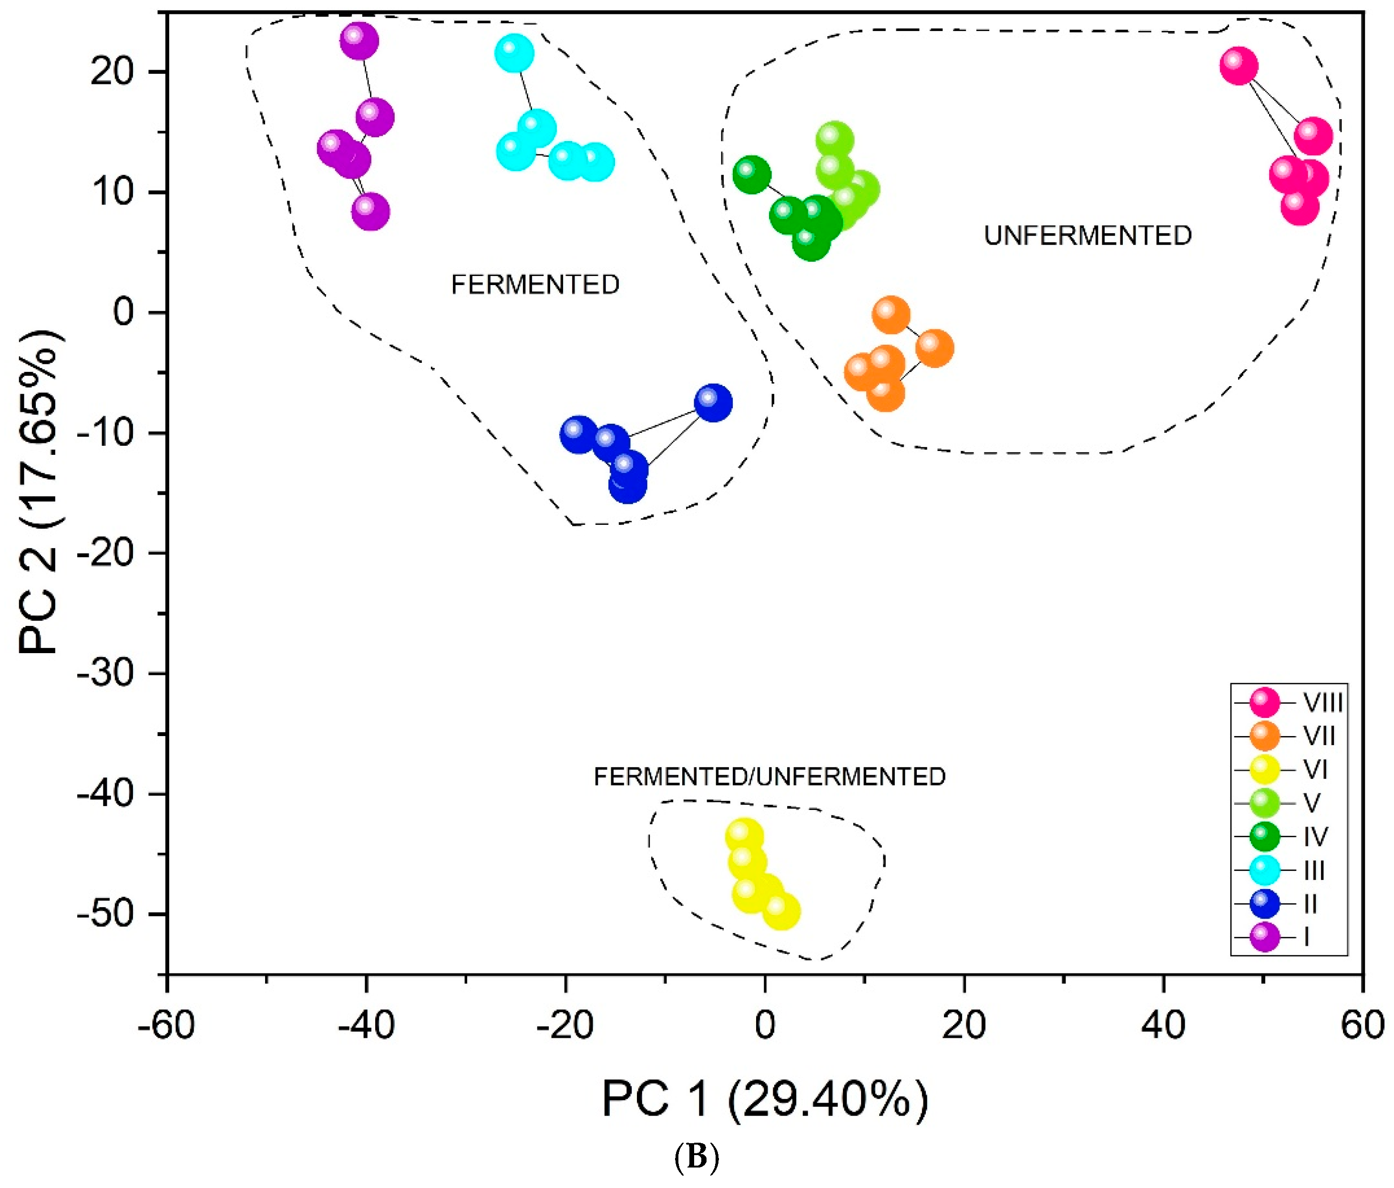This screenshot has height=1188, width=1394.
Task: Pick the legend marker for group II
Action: (1264, 903)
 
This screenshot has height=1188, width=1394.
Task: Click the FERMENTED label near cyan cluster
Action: (535, 285)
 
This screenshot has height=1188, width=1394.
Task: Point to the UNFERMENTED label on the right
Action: (1087, 236)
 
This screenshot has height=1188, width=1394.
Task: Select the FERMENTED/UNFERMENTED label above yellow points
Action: (769, 777)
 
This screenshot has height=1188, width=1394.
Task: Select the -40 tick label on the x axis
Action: (366, 1025)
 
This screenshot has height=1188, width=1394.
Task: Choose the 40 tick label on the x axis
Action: (1163, 1025)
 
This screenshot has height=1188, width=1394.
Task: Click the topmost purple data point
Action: (359, 41)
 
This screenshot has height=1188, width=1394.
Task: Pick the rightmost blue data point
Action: (713, 402)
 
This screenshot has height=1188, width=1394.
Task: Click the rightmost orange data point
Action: (934, 348)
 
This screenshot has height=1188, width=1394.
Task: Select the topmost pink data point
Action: (1239, 66)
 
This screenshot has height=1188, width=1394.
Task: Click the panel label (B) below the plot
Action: (697, 1158)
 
